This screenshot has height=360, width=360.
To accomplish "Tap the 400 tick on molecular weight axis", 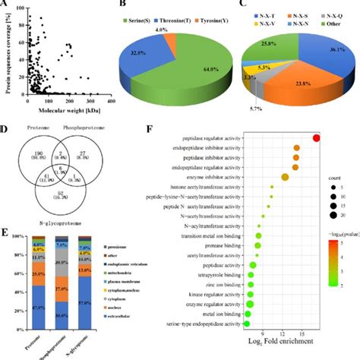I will [112, 101].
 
